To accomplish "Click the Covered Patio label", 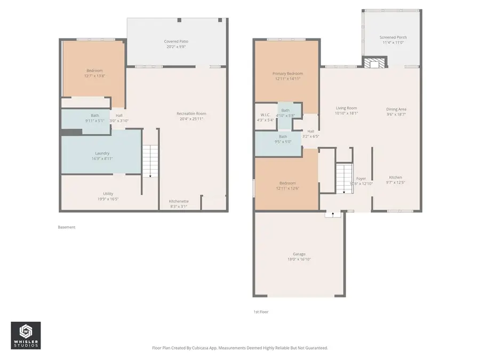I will pos(175,41).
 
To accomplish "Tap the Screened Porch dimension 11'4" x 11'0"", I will pos(393,43).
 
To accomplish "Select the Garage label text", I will pos(299,254).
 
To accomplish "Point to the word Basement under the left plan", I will pos(67,227).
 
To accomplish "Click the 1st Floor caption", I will pos(261,311).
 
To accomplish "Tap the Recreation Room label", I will pos(191,114).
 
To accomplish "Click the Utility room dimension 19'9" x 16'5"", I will pos(108,199).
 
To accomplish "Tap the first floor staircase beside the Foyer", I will pos(343,179).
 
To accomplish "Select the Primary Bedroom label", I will pos(287,74).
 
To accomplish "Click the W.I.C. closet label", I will pos(265,115).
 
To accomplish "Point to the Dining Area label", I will pos(396,109).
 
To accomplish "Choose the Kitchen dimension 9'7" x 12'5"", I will pos(395,183).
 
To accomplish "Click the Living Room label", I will pos(346,108).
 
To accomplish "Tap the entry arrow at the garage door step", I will pos(333,214).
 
